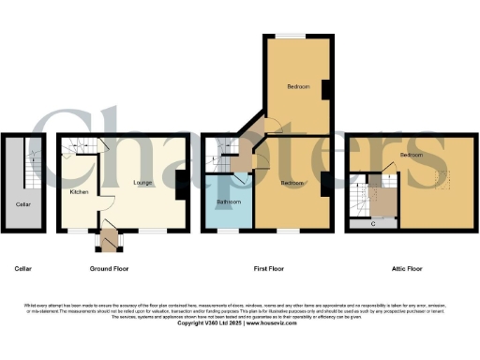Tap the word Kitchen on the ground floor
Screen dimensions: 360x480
point(79,192)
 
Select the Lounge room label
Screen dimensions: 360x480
point(142,182)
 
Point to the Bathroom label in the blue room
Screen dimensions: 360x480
point(229,202)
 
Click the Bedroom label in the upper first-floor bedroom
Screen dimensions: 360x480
point(297,86)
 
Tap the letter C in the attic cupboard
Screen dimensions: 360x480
point(373,223)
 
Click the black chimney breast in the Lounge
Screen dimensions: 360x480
point(179,184)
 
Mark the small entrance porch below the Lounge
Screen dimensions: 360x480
point(110,242)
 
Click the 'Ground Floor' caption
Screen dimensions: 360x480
point(109,269)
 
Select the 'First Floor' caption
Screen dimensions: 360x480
point(269,269)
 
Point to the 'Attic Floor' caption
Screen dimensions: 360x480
point(406,269)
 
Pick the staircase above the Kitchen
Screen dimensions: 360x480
point(73,145)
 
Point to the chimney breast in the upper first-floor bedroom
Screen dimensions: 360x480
point(324,89)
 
